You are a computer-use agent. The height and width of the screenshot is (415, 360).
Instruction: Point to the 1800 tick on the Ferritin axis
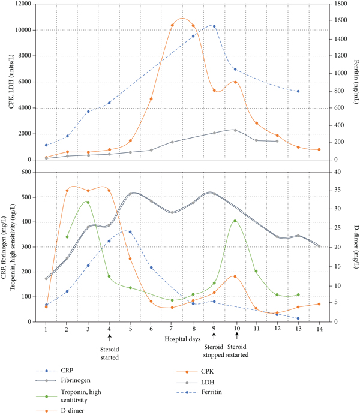pyautogui.click(x=330, y=4)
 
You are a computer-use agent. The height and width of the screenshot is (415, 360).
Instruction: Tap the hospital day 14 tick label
pyautogui.click(x=319, y=329)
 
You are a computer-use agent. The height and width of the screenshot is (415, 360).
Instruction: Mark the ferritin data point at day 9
pyautogui.click(x=214, y=26)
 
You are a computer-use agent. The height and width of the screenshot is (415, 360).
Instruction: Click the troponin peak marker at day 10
pyautogui.click(x=235, y=221)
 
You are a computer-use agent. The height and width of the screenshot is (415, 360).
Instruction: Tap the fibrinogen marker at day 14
pyautogui.click(x=319, y=246)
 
